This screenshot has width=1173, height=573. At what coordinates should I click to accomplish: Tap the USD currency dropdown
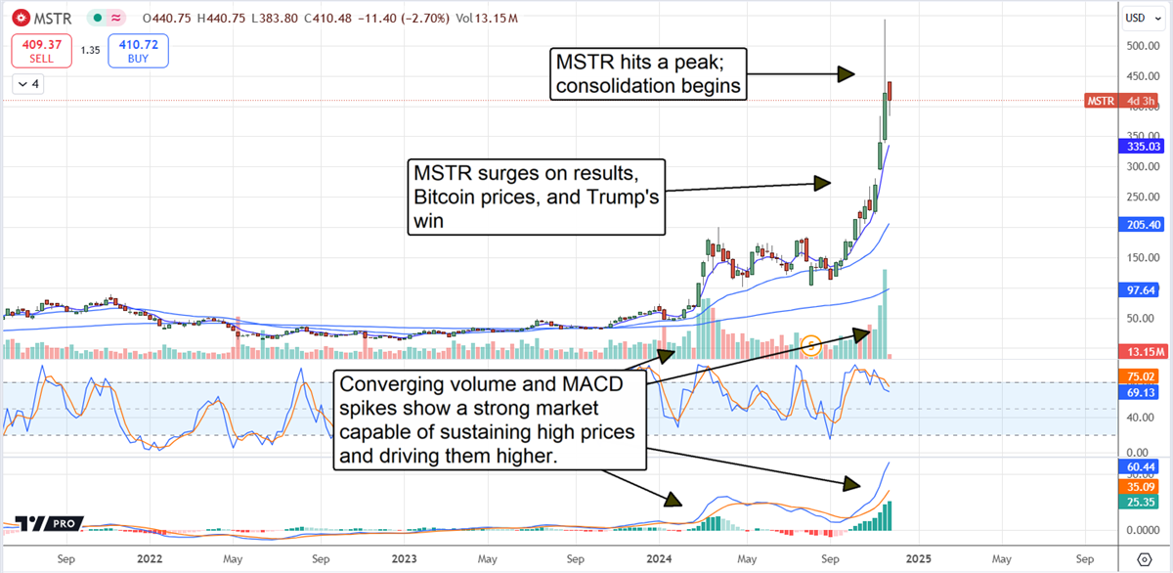coord(1138,18)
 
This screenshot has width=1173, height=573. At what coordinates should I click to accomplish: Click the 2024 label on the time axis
coord(659,559)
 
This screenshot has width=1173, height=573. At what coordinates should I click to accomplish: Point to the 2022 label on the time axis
coord(149,559)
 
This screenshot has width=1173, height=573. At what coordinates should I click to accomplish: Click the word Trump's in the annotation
coord(621,198)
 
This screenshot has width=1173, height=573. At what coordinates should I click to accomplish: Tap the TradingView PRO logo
coord(48,524)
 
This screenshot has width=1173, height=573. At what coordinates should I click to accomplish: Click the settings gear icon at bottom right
coord(1145,559)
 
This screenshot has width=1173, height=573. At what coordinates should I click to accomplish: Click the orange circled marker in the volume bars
coord(811,344)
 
